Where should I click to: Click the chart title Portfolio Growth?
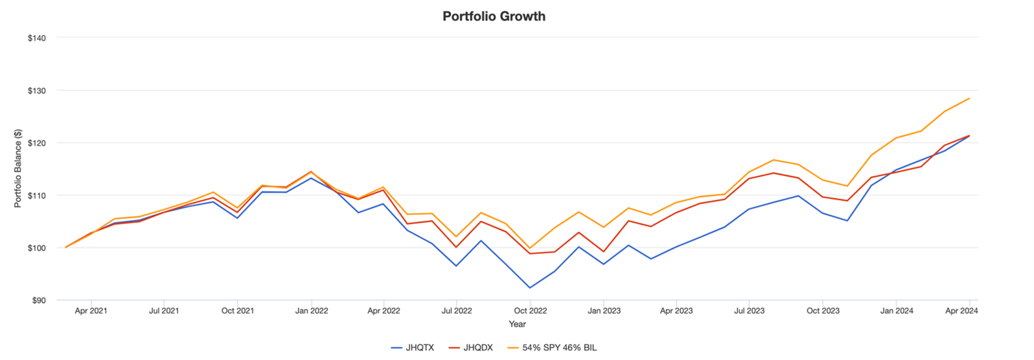[493, 16]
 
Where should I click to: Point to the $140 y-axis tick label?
[36, 38]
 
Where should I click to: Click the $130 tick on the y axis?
[36, 90]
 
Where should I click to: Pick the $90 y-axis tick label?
[38, 300]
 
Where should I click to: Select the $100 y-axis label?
[36, 248]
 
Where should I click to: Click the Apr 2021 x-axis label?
[90, 311]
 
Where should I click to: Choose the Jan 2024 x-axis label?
[896, 311]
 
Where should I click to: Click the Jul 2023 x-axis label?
[749, 311]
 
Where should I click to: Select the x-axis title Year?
[517, 324]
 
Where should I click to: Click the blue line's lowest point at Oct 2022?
[530, 287]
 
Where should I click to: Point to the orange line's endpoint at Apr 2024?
[970, 99]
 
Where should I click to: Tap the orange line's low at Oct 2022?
[530, 248]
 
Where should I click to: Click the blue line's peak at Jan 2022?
[311, 178]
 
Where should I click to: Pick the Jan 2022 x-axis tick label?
[311, 311]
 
